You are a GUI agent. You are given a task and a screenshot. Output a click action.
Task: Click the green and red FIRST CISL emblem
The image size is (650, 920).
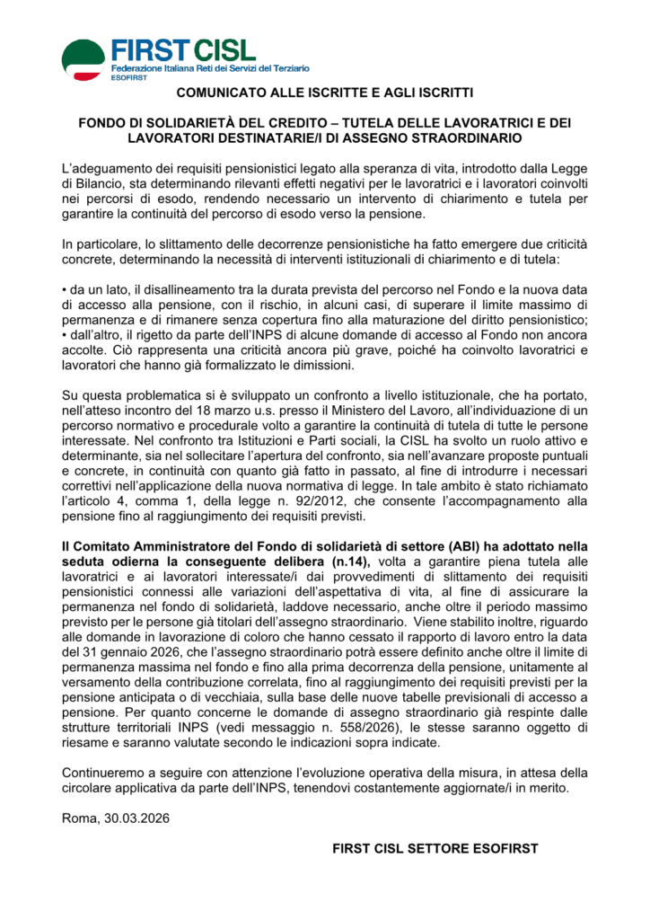click(x=83, y=57)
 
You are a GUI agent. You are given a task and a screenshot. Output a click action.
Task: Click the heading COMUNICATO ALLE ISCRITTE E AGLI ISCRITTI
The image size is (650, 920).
click(x=324, y=93)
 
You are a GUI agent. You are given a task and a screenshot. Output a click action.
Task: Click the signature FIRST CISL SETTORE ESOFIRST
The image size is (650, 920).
click(x=434, y=847)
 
